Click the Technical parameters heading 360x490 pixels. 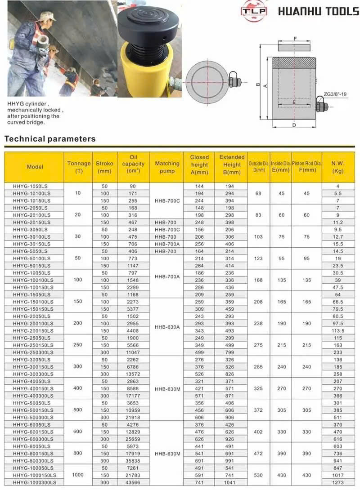(x=50, y=138)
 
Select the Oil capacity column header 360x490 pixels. (x=133, y=166)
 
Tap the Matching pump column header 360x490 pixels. (x=167, y=167)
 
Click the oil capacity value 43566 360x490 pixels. (x=133, y=482)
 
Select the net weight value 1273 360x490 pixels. (x=338, y=482)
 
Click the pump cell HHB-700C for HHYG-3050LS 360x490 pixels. (x=167, y=230)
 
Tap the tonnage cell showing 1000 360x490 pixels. (x=78, y=475)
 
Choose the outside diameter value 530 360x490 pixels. (x=258, y=475)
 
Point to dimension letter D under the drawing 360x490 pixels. (x=294, y=125)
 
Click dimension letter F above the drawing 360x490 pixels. (x=295, y=39)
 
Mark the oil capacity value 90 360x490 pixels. (x=133, y=186)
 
